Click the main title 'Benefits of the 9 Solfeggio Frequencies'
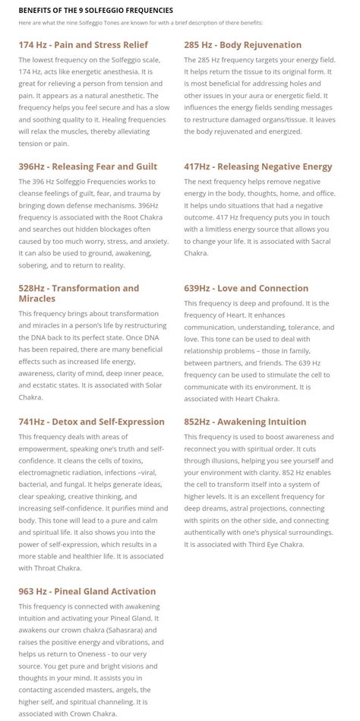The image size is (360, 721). coord(96,10)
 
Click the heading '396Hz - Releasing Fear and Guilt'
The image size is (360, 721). coord(88,166)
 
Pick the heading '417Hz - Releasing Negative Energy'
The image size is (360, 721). coord(258,166)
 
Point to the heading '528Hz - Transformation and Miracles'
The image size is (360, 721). coord(79,293)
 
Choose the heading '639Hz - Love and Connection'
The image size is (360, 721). coord(246,289)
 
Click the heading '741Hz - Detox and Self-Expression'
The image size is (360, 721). coord(91,422)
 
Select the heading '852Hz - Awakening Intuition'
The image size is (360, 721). coord(245,422)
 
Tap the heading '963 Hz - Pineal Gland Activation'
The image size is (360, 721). coord(87,591)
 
